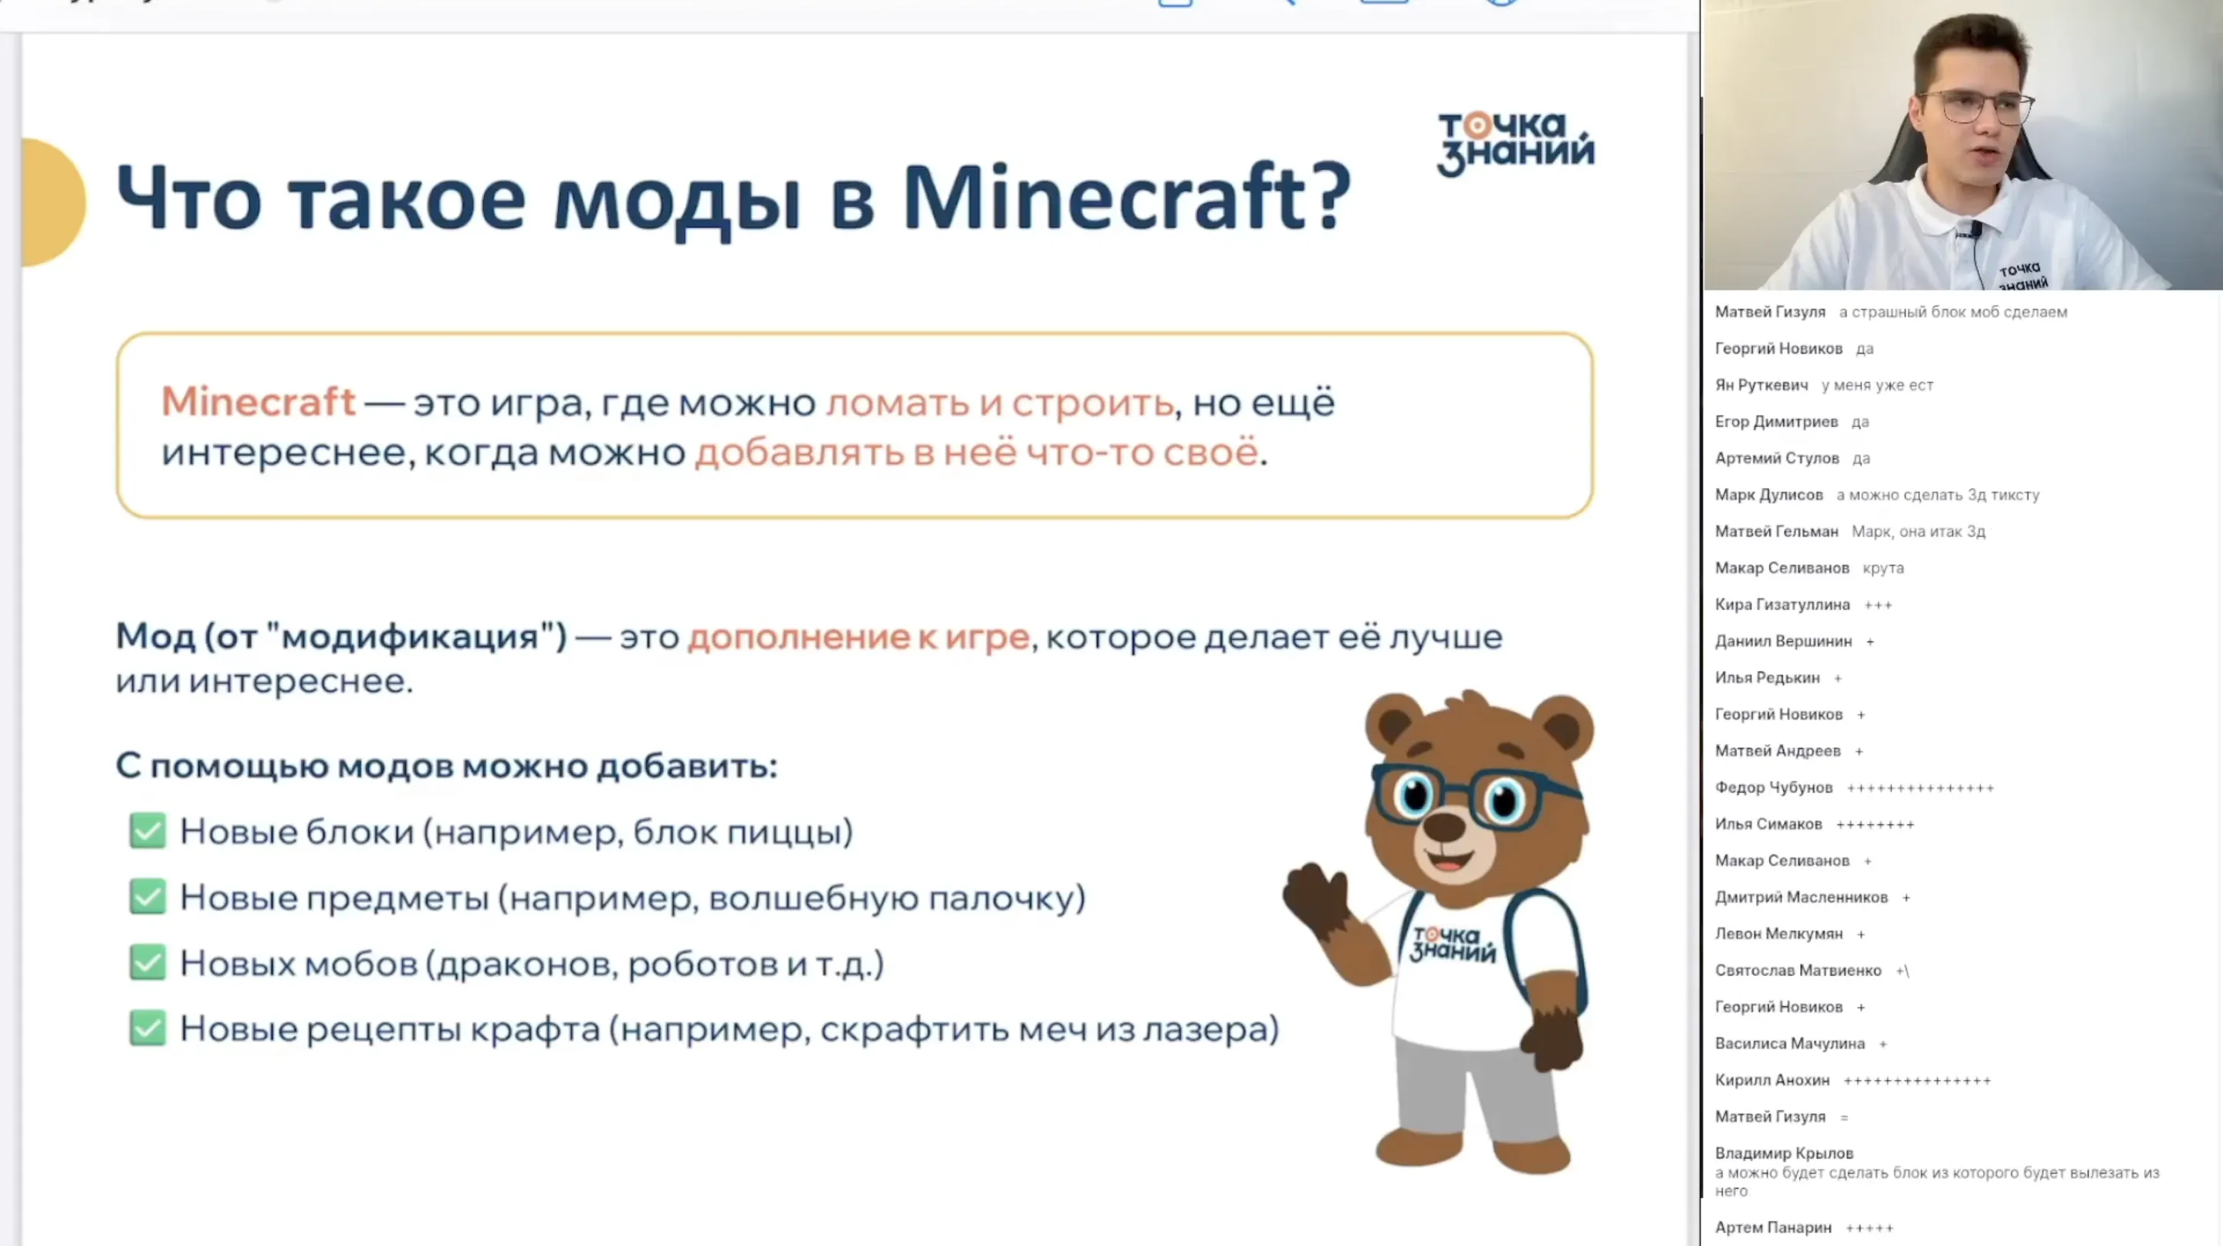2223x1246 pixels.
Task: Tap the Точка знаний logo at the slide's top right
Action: point(1514,144)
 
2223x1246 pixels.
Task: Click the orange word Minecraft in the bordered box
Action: point(258,402)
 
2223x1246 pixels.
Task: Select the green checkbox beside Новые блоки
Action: point(147,831)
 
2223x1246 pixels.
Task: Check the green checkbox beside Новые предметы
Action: point(147,896)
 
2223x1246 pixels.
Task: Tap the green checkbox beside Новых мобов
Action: point(147,962)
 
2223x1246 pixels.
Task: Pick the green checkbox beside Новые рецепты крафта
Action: point(147,1028)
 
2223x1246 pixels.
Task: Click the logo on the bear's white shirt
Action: point(1453,944)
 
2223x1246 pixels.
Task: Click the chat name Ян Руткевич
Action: point(1761,385)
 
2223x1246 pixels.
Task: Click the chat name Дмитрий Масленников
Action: point(1801,897)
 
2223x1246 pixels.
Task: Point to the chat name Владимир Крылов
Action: point(1784,1153)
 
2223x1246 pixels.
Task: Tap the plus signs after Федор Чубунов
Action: point(1920,787)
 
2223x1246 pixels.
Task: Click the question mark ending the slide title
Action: point(1331,198)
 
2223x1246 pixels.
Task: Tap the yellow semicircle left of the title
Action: point(53,202)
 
